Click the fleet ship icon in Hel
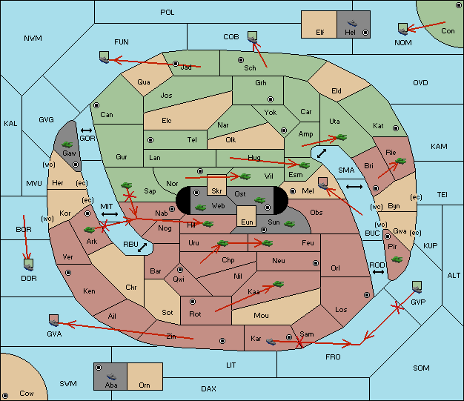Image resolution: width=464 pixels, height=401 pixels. click(352, 23)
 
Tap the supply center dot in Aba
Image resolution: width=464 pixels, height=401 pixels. click(99, 368)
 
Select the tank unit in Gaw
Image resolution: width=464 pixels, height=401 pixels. click(67, 145)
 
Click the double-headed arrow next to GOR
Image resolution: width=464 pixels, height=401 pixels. click(86, 130)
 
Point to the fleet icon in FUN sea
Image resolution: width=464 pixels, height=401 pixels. click(105, 57)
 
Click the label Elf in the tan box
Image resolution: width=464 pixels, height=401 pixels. click(320, 33)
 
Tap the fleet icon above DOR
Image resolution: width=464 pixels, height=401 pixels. click(28, 265)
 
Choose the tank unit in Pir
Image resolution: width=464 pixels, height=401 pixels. click(397, 259)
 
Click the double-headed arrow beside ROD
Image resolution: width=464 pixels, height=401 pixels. click(378, 272)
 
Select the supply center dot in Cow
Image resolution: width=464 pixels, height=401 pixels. click(5, 395)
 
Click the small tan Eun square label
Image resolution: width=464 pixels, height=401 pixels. click(247, 222)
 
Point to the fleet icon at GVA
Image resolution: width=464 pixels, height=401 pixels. click(53, 320)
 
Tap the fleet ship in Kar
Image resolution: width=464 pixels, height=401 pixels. click(271, 342)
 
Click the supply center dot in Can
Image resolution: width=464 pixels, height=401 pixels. click(96, 105)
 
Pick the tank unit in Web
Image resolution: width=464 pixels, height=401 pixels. click(201, 208)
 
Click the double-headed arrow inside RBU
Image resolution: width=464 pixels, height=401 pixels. click(142, 248)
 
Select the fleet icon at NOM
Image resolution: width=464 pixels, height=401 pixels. click(402, 30)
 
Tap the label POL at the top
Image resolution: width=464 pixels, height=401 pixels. click(168, 13)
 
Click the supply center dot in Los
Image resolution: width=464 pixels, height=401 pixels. click(367, 295)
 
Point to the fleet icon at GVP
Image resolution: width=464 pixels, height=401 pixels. click(417, 288)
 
